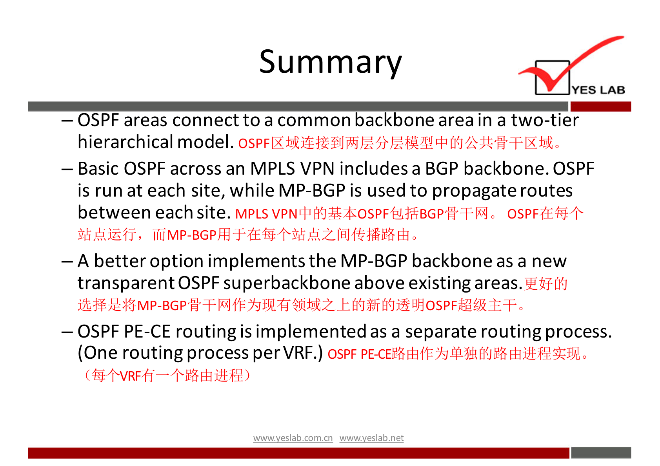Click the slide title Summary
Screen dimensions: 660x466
point(330,62)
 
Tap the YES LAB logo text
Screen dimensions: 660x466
point(598,90)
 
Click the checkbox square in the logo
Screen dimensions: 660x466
point(552,78)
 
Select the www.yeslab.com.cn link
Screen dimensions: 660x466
point(293,438)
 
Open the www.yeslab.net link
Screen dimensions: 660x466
point(371,438)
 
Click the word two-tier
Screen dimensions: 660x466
point(545,120)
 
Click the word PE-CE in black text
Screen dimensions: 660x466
point(147,332)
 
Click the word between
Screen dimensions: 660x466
point(114,212)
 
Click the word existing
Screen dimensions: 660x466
point(440,284)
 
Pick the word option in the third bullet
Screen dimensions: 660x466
point(176,262)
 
